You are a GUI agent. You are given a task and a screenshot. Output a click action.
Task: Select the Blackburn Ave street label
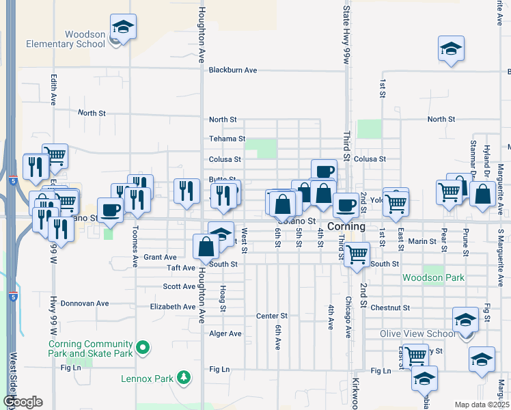[233, 70]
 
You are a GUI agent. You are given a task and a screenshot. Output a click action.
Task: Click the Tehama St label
[227, 139]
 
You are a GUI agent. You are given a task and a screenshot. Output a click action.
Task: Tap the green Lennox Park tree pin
[183, 377]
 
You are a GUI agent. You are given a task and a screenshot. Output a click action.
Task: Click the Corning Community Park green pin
[142, 348]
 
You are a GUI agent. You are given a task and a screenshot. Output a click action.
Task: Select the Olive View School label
[417, 333]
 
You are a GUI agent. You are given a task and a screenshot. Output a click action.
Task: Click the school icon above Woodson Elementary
[123, 27]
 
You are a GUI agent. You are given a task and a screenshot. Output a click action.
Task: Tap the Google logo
[23, 402]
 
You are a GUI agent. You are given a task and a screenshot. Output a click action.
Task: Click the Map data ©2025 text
[481, 405]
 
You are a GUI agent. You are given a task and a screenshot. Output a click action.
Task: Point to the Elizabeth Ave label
[173, 307]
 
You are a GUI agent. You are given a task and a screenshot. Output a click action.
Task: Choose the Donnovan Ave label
[85, 303]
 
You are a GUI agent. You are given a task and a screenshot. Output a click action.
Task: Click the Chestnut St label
[389, 308]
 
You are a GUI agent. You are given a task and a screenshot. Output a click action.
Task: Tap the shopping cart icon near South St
[357, 254]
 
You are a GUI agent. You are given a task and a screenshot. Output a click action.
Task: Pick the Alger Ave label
[225, 333]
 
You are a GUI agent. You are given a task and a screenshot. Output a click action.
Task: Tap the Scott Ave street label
[180, 287]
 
